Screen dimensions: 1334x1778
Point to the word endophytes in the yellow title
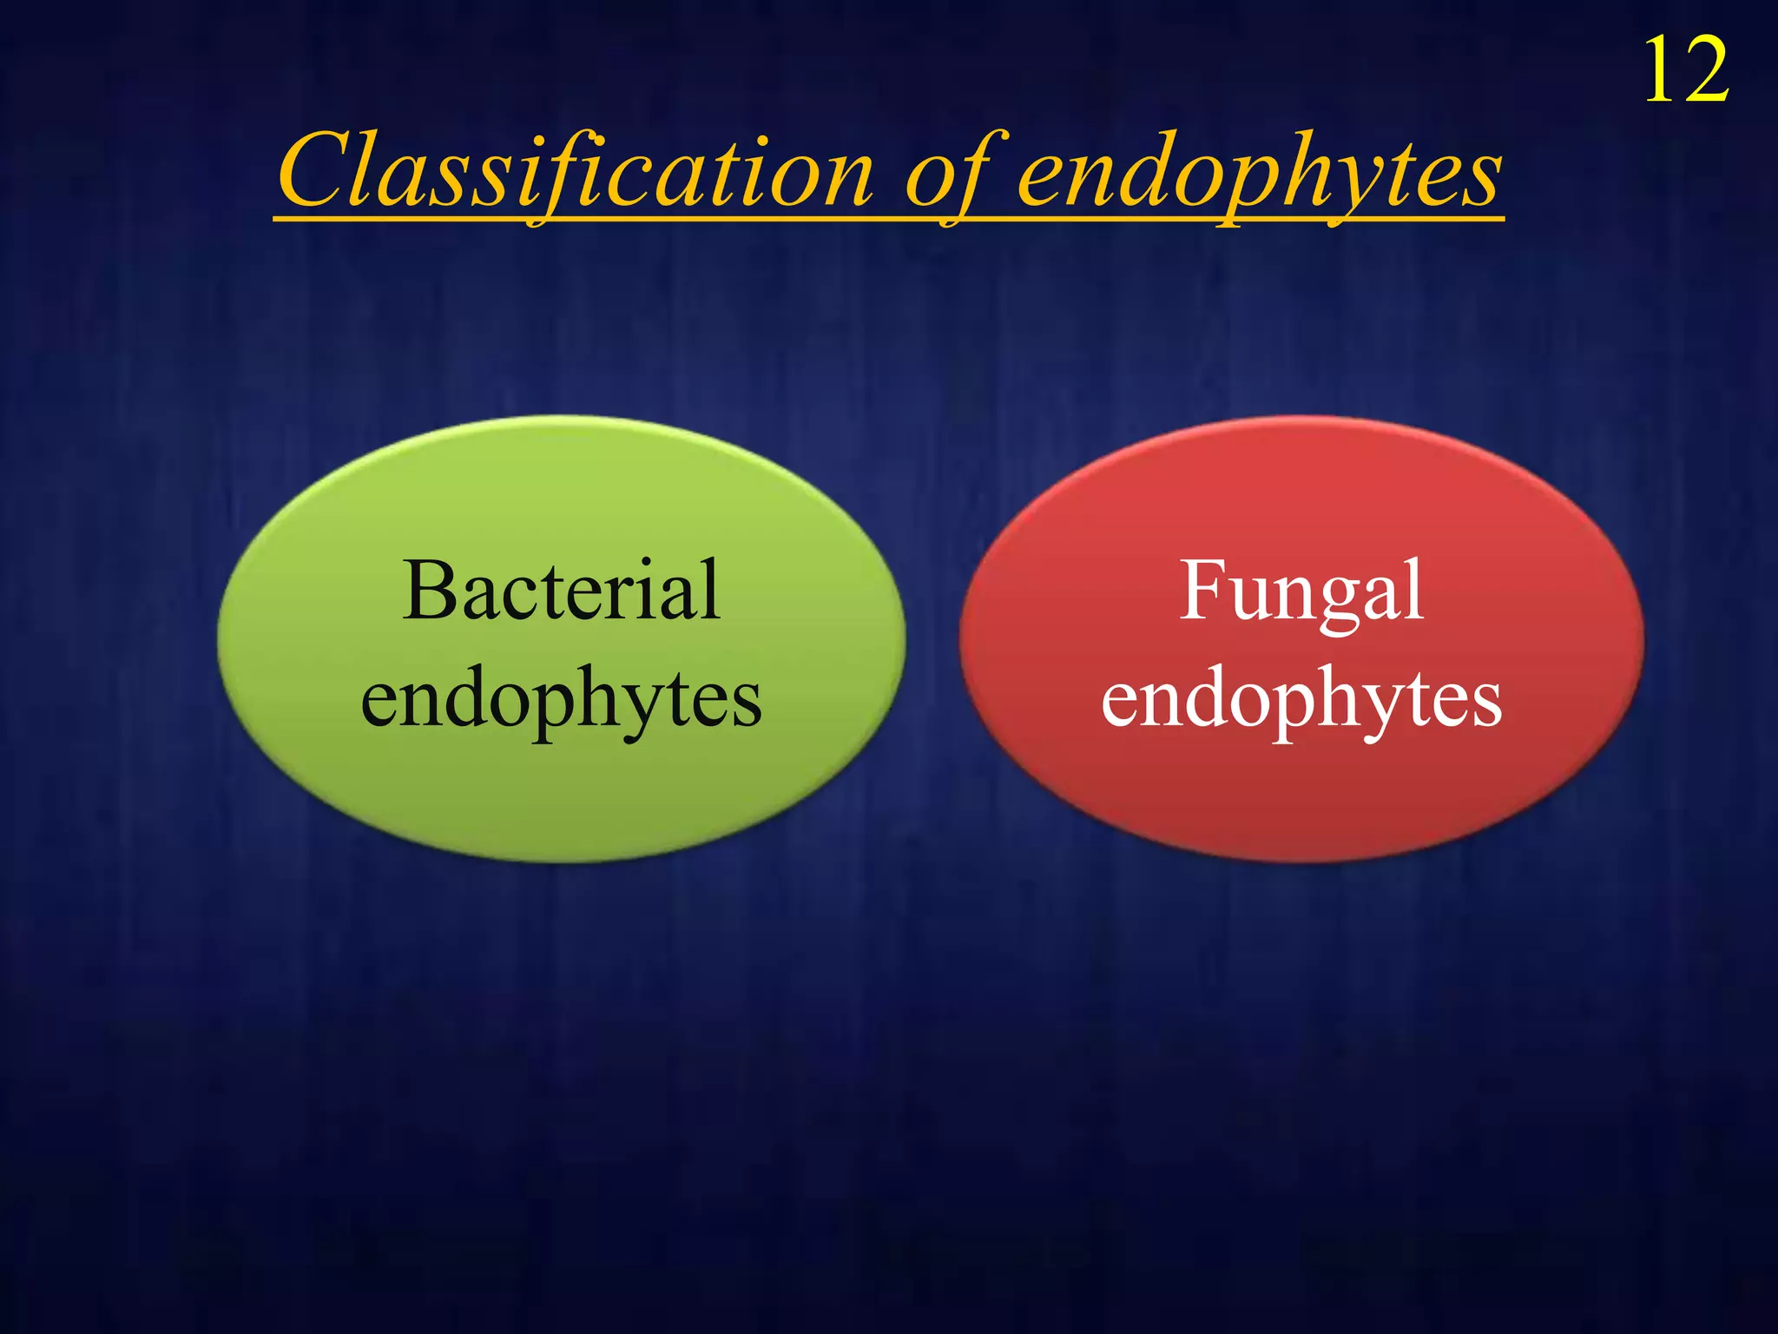1259,174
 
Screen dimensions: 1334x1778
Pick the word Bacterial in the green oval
562,591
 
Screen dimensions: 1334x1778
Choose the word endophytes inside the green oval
561,700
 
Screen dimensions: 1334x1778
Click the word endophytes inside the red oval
1301,700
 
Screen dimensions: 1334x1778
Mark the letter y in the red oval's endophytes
1381,708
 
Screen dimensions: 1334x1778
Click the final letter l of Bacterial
711,589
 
